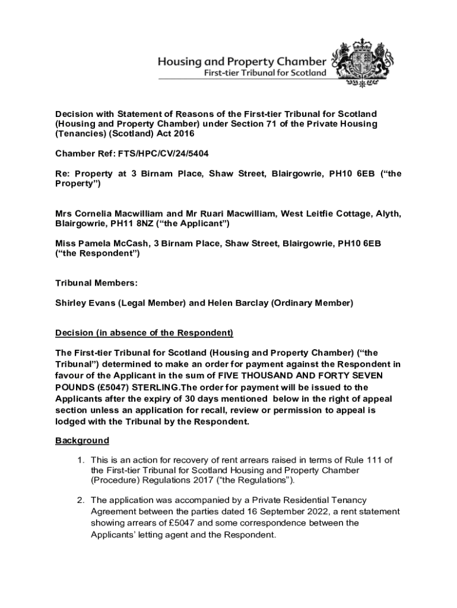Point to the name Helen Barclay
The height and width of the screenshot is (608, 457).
pyautogui.click(x=236, y=303)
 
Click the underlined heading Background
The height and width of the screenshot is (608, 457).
pyautogui.click(x=82, y=441)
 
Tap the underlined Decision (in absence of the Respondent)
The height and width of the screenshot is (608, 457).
pyautogui.click(x=144, y=332)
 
